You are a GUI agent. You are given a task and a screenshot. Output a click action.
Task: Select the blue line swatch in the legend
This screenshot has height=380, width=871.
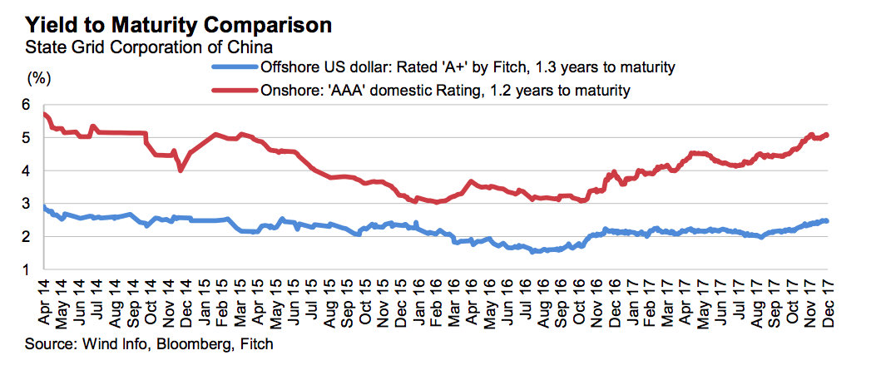pyautogui.click(x=237, y=67)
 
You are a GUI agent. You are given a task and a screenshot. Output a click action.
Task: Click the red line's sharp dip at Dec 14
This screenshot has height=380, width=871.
pyautogui.click(x=181, y=170)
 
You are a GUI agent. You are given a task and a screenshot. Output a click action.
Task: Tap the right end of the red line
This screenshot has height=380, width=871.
pyautogui.click(x=827, y=135)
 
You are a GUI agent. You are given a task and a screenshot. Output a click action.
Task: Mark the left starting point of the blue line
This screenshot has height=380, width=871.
pyautogui.click(x=44, y=205)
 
